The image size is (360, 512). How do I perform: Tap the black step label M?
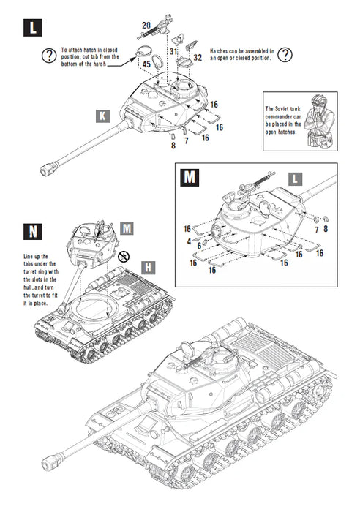click(190, 177)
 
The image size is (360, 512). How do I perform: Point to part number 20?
click(146, 26)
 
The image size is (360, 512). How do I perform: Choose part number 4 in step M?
click(188, 240)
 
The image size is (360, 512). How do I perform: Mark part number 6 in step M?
click(198, 246)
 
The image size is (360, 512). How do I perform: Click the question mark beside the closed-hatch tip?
click(48, 54)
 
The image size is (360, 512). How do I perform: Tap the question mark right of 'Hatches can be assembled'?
click(285, 54)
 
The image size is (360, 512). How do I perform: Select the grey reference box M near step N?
click(127, 228)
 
